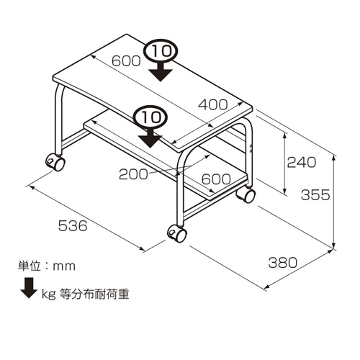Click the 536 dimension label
point(73,226)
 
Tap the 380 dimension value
point(283,262)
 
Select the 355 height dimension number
point(315,194)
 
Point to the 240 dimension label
point(302,162)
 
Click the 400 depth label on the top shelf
point(213,104)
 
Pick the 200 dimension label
point(133,174)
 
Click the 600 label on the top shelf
point(126,60)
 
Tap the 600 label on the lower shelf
point(216,179)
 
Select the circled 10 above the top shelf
point(161,51)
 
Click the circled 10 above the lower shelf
point(150,117)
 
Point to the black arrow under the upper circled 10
point(161,71)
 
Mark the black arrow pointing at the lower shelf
point(150,138)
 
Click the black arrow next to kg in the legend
point(29,288)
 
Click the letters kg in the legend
point(49,294)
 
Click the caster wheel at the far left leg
point(55,162)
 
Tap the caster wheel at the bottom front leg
point(177,233)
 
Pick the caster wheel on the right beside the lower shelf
point(246,194)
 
